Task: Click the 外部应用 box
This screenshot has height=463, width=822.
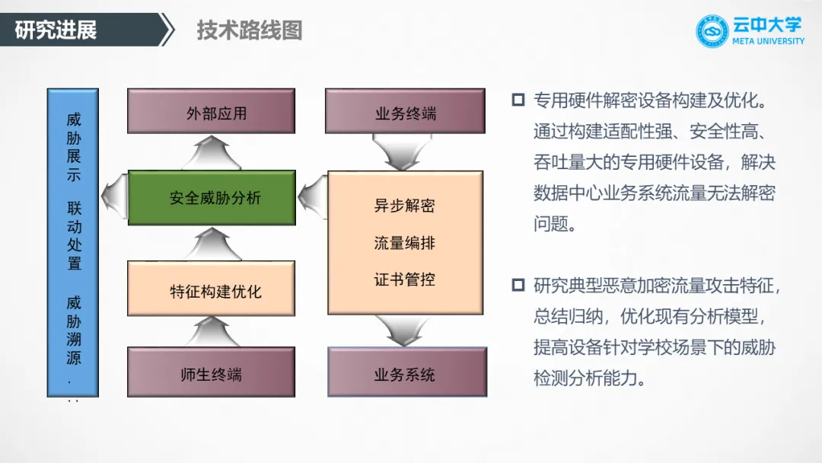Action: [211, 111]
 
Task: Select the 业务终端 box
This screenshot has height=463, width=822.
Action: [405, 111]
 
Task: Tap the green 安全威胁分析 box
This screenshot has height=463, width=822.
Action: [211, 197]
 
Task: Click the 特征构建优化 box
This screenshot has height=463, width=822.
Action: [211, 289]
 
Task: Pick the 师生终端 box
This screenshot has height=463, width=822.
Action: [211, 372]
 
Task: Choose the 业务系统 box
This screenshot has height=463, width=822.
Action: [405, 372]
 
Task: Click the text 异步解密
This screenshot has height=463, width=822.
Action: [405, 206]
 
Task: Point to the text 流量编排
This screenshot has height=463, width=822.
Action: [405, 243]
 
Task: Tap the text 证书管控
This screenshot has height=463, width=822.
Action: [405, 279]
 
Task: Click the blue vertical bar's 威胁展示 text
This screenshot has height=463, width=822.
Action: [74, 146]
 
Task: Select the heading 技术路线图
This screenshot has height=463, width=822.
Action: [250, 30]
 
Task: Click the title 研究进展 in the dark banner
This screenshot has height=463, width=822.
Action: [56, 30]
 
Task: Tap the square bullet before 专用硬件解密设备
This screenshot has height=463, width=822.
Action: [518, 100]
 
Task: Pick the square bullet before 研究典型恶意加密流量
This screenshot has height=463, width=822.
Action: [518, 286]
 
